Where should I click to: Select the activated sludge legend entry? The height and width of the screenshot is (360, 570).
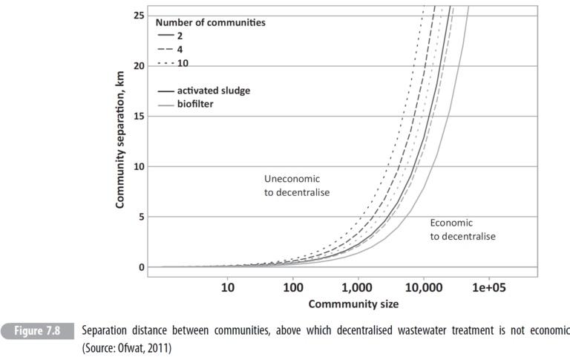(x=213, y=90)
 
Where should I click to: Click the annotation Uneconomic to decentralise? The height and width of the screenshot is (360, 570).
(x=296, y=186)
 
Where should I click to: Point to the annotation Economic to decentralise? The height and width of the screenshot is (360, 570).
(x=462, y=229)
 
